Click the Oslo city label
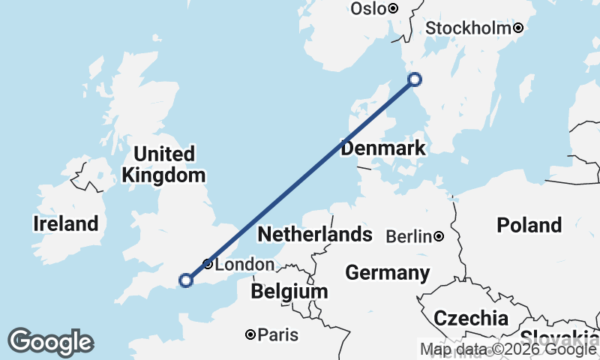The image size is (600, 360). click(x=367, y=9)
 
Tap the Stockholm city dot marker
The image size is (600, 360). click(x=518, y=28)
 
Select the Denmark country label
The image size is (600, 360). click(x=382, y=148)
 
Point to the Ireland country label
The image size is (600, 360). click(x=66, y=223)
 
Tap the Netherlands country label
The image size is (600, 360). click(x=314, y=235)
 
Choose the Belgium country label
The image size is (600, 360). click(x=289, y=291)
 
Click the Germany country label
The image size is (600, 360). click(x=387, y=272)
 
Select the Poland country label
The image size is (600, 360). click(x=529, y=225)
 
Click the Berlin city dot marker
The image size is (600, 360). click(x=439, y=237)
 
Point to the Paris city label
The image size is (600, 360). click(x=277, y=335)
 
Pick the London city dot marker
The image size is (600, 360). click(x=208, y=264)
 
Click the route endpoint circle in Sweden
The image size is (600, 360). click(x=414, y=79)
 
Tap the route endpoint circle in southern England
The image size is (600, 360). click(x=186, y=280)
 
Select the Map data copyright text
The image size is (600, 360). click(x=508, y=349)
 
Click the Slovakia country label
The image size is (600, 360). click(x=559, y=337)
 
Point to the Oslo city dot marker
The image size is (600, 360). click(x=393, y=9)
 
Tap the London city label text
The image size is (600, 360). click(x=244, y=265)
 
